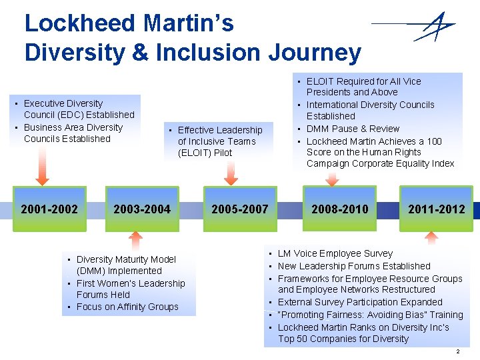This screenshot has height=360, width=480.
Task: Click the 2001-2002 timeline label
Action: (49, 209)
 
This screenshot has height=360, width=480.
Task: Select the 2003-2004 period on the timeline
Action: (142, 209)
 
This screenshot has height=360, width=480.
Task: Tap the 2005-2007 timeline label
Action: (239, 209)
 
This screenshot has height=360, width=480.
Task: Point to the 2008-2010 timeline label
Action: (339, 209)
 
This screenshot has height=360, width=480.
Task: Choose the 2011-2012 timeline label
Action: (437, 209)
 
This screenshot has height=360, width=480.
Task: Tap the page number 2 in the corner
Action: (457, 351)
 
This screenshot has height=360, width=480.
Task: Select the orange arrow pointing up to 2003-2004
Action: (136, 239)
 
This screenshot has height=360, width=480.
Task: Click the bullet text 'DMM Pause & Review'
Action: (353, 129)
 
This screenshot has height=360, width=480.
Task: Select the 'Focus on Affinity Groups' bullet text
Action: (127, 307)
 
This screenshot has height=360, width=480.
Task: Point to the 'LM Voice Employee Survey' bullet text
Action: (335, 253)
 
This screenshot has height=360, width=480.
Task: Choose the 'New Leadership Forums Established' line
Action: (354, 266)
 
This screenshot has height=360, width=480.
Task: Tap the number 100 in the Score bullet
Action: (434, 141)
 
